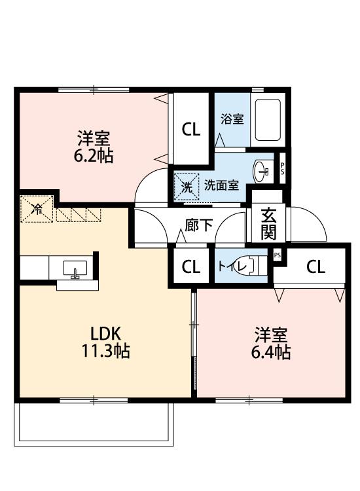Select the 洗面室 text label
[x=221, y=186]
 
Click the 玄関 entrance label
[x=268, y=223]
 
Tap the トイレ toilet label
[x=230, y=266]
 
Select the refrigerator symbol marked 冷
[x=37, y=210]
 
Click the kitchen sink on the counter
[x=73, y=268]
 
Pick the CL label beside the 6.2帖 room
[x=190, y=130]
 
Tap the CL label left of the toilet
[x=190, y=266]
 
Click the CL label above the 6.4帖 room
[x=315, y=266]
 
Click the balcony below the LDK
[x=95, y=424]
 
